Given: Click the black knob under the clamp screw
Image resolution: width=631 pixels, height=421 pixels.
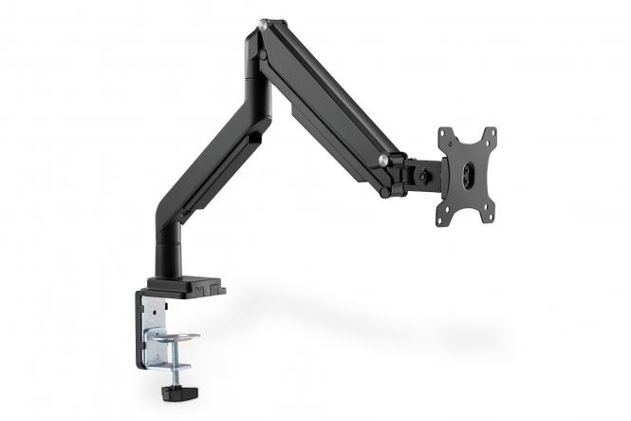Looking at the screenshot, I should [x=176, y=391].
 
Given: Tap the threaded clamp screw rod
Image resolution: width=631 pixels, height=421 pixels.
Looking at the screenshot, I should [x=177, y=366].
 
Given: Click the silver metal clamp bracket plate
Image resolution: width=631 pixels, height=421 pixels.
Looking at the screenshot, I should [x=153, y=328].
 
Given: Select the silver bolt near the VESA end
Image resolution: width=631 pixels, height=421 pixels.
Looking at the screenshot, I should [x=382, y=160].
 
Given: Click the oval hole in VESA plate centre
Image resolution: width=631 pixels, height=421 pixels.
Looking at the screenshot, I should [x=470, y=177].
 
